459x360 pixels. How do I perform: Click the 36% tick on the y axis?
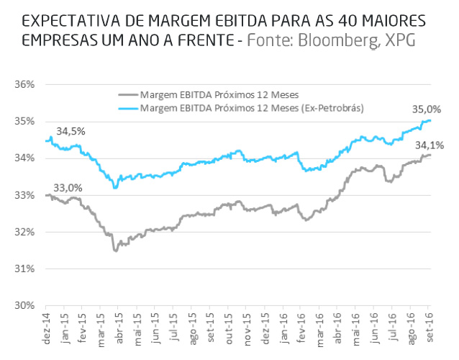pyautogui.click(x=25, y=84)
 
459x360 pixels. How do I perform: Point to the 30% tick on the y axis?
pyautogui.click(x=25, y=306)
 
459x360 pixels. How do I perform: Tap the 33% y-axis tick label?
pyautogui.click(x=25, y=195)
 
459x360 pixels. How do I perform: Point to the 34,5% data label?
pyautogui.click(x=71, y=132)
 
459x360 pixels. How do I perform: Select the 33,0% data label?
pyautogui.click(x=68, y=188)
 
